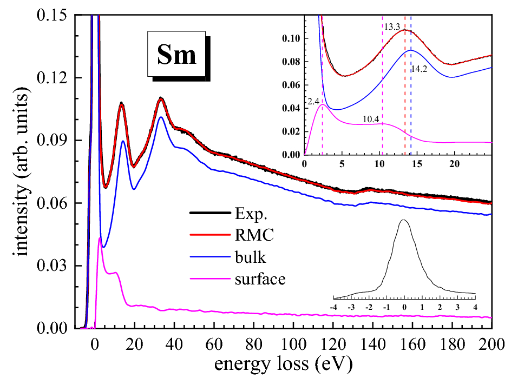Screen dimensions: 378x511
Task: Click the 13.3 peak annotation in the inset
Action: coord(392,26)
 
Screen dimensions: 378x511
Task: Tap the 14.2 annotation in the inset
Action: coord(418,69)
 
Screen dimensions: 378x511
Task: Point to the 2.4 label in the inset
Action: coord(313,101)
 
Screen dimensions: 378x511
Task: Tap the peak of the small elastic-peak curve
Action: coord(404,220)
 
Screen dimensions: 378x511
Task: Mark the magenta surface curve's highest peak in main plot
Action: coord(100,238)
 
